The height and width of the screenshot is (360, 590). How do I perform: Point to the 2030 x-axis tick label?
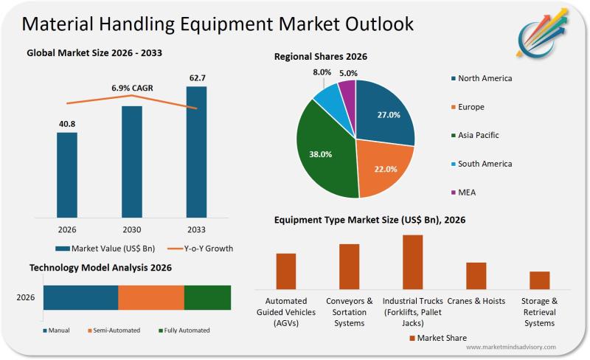tap(131, 229)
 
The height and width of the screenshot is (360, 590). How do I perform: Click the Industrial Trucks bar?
tap(413, 262)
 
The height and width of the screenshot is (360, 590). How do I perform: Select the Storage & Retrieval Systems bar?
tap(539, 280)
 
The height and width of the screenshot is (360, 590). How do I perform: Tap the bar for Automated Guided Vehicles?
tap(286, 271)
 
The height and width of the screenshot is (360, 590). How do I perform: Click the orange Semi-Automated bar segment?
tap(151, 297)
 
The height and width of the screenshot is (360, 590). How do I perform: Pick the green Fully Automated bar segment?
tap(207, 297)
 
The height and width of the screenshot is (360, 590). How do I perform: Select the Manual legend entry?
tap(57, 330)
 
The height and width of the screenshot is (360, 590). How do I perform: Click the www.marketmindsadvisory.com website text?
tap(510, 347)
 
